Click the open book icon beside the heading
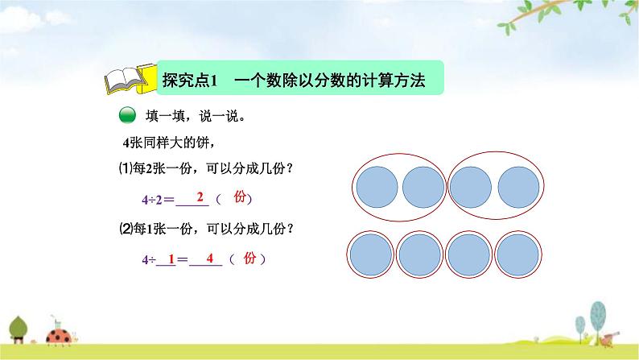(x=128, y=80)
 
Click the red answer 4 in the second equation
(x=208, y=259)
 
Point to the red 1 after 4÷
(x=171, y=259)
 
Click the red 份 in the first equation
(x=239, y=197)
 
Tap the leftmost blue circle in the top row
(x=376, y=186)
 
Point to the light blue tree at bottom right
(x=597, y=310)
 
